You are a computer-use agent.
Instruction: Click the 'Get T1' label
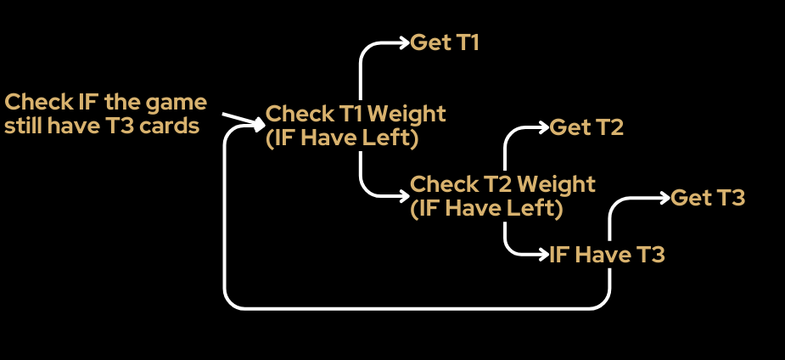(445, 42)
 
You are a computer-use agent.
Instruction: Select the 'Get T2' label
(586, 128)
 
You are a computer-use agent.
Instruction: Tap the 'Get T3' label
(708, 199)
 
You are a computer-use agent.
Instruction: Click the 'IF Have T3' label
(608, 255)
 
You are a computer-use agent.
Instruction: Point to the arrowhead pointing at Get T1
(405, 42)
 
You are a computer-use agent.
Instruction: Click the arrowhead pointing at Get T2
(544, 128)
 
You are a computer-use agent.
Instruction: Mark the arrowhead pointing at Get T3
(664, 199)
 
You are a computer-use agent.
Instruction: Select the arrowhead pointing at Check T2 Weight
(404, 197)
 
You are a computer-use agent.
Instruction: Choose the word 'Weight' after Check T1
(406, 114)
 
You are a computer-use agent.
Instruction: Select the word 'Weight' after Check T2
(556, 183)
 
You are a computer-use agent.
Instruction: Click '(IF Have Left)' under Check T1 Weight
(342, 139)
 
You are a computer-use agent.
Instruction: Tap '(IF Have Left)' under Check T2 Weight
(486, 209)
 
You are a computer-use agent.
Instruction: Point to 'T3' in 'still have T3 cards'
(124, 127)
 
